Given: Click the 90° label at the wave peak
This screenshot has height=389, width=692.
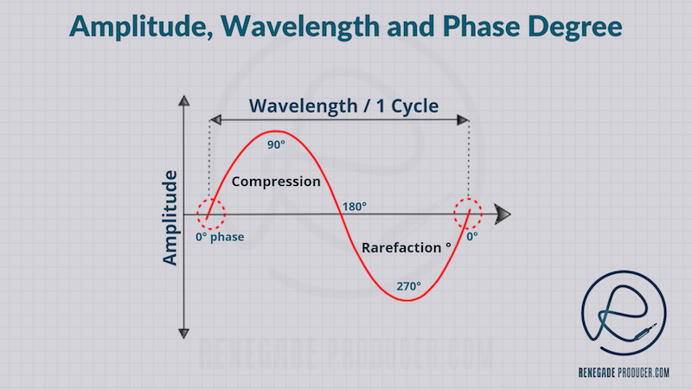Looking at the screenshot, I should tap(275, 145).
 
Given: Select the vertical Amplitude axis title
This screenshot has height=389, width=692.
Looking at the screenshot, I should tap(170, 217).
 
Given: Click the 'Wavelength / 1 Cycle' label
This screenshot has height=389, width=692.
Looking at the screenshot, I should tap(343, 106).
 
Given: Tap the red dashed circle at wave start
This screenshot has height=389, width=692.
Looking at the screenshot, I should tap(210, 213).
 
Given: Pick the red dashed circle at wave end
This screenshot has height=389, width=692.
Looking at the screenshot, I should tap(471, 213).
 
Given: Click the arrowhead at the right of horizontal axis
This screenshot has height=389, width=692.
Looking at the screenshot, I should tap(503, 214).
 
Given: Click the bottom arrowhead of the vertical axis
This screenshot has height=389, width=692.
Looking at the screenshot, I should tap(183, 332).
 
